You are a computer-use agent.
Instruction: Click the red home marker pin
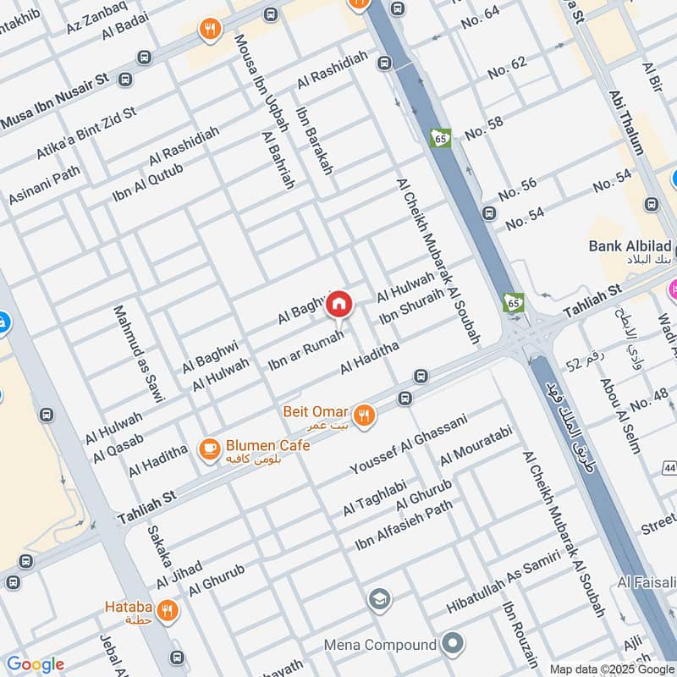339,303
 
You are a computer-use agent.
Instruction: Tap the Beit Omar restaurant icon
365,415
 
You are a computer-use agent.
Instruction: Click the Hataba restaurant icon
168,609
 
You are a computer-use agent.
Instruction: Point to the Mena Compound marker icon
454,645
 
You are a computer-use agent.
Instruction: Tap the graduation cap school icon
380,601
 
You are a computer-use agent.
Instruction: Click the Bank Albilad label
630,246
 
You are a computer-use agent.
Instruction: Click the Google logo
35,664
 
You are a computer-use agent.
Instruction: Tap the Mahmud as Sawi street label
139,352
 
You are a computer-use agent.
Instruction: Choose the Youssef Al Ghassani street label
409,444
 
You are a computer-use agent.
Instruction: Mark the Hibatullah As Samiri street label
504,583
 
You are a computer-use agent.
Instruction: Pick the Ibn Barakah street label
314,140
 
